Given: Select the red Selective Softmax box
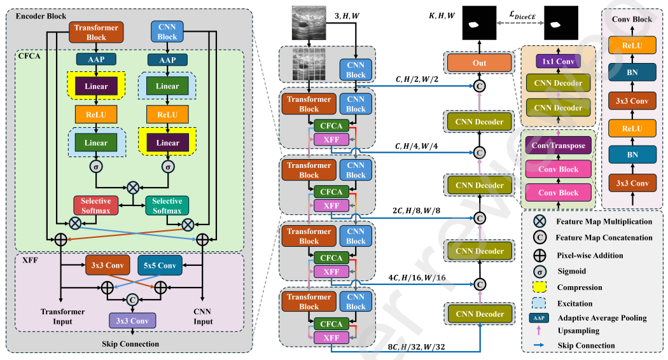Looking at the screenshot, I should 95,205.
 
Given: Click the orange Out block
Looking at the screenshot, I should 479,63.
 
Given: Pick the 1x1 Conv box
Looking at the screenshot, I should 559,61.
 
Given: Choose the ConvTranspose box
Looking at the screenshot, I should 559,146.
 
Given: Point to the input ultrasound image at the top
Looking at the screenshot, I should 311,23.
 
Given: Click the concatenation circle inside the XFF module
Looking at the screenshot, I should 133,298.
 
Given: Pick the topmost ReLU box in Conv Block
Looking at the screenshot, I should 631,45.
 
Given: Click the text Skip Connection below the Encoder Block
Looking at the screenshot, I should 130,344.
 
